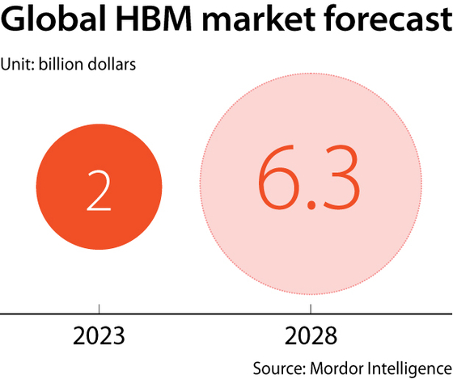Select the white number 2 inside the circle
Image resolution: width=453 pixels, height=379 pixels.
[98, 191]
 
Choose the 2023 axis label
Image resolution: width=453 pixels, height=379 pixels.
[98, 334]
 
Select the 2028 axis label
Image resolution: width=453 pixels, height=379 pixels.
[311, 334]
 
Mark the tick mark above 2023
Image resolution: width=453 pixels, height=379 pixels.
[98, 310]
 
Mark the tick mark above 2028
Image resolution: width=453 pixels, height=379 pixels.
[311, 310]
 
